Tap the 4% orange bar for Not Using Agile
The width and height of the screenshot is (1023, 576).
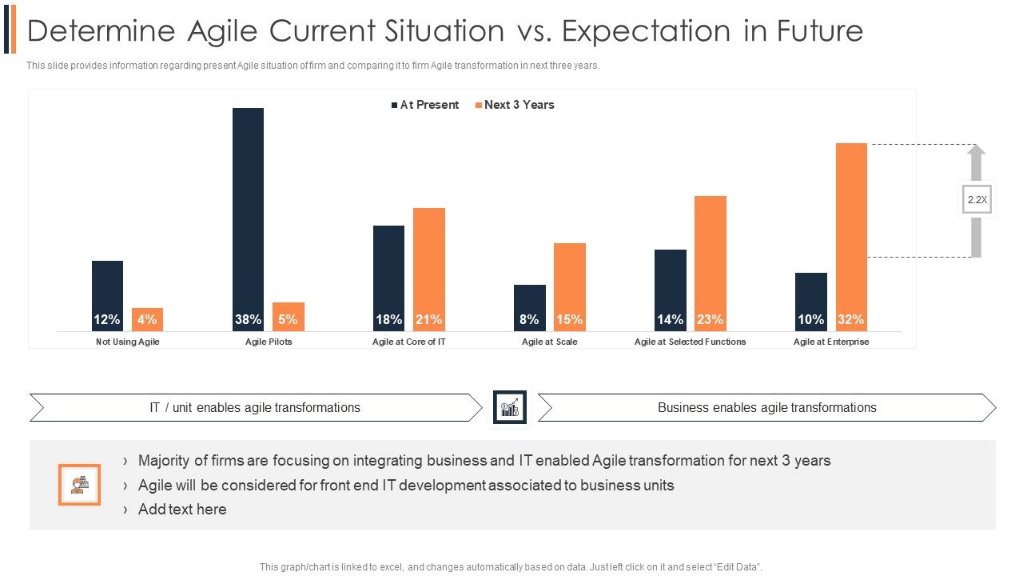tap(147, 318)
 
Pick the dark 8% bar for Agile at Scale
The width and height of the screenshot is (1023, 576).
tap(529, 307)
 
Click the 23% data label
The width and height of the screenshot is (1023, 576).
tap(710, 319)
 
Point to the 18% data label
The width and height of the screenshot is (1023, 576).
tap(388, 319)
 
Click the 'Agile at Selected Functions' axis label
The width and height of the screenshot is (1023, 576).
tap(690, 342)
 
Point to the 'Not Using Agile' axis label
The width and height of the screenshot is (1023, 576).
tap(128, 342)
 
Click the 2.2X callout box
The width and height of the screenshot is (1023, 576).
tap(977, 200)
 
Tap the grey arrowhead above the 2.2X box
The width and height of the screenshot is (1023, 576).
tap(976, 150)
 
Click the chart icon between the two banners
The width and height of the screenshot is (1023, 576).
tap(510, 407)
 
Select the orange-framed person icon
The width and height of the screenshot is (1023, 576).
tap(79, 485)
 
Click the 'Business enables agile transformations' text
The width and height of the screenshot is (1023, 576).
tap(766, 407)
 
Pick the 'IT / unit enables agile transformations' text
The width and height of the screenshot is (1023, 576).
tap(255, 407)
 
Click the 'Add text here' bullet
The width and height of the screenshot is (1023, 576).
tap(181, 509)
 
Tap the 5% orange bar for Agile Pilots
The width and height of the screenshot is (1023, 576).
tap(288, 317)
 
